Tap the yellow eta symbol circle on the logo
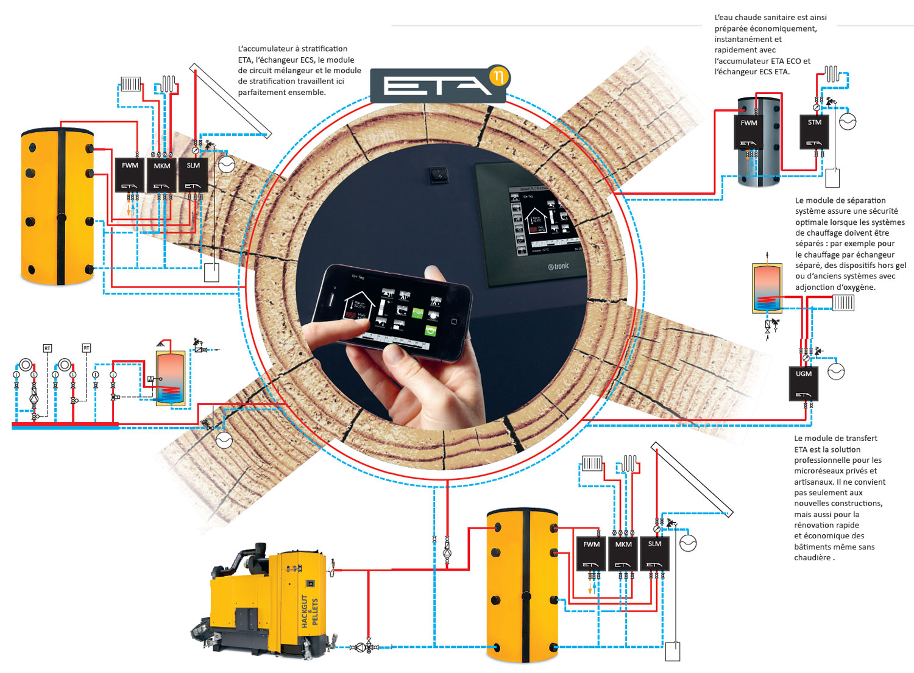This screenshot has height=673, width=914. (499, 77)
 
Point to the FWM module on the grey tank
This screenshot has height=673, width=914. (749, 132)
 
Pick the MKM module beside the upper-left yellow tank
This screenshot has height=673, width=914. (162, 175)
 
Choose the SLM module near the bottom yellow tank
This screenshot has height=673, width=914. (654, 554)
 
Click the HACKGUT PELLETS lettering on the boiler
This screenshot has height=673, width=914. (310, 611)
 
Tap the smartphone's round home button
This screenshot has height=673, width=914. (454, 321)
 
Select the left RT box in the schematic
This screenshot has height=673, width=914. (48, 348)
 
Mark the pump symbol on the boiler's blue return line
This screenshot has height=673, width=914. (368, 647)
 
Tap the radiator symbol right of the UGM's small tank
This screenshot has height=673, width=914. (843, 302)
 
